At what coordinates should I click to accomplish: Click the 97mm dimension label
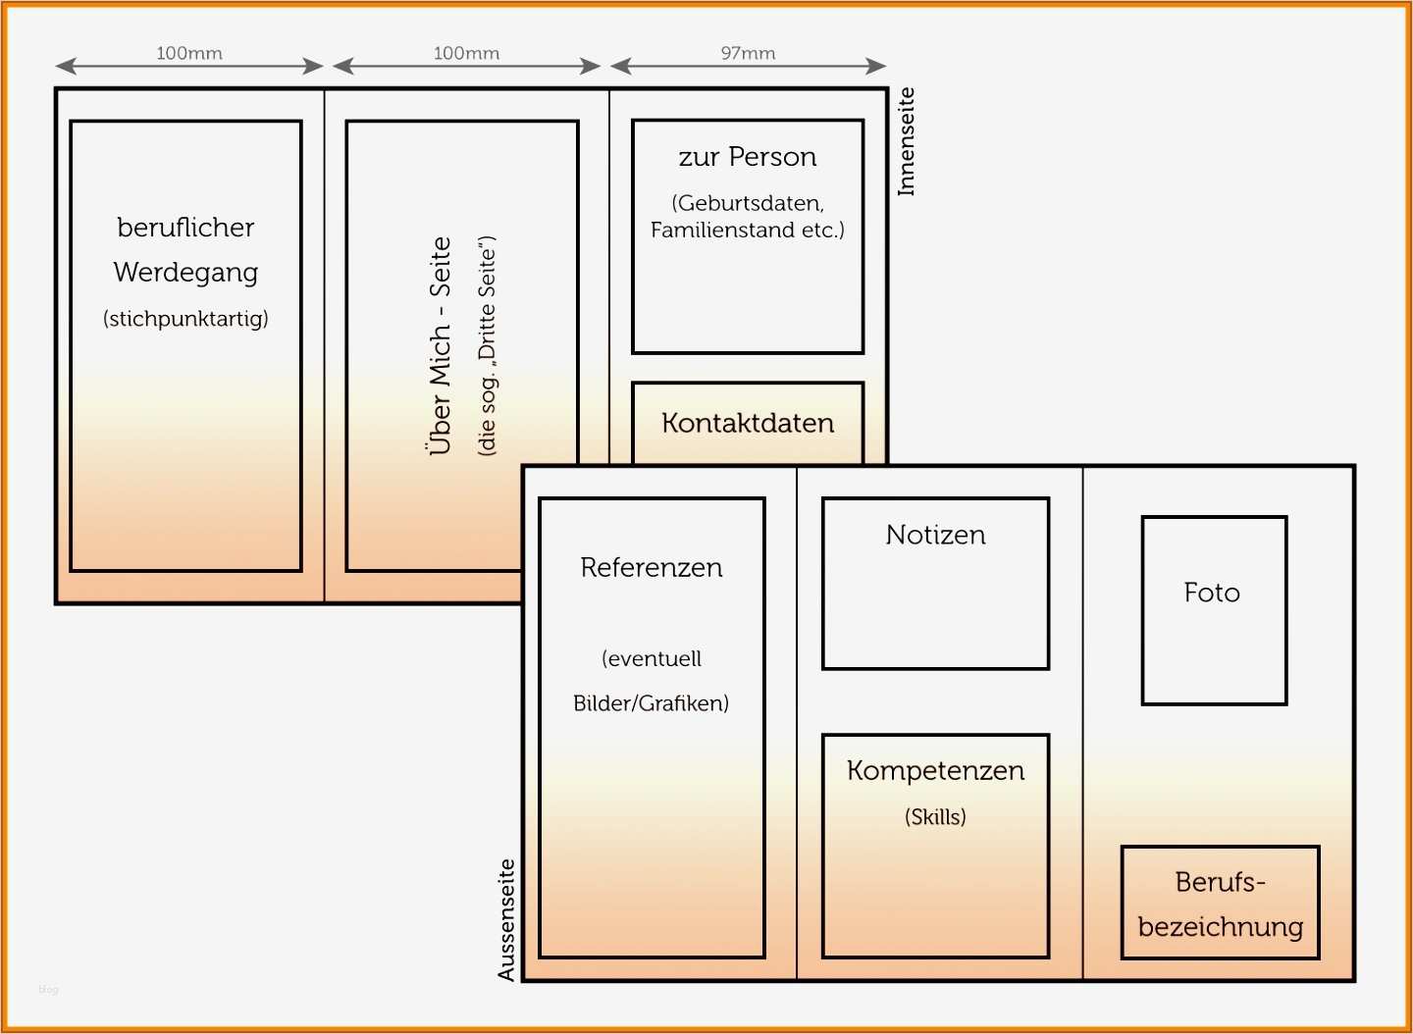748,53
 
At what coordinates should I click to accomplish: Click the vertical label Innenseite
906,141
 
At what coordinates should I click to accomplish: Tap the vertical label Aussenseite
506,920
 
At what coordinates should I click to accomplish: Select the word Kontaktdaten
748,423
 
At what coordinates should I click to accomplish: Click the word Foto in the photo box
1212,593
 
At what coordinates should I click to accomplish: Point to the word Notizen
935,535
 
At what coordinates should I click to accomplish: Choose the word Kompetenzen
935,771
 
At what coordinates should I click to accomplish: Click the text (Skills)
935,816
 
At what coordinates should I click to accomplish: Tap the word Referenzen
652,567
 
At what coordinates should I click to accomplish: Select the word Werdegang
185,273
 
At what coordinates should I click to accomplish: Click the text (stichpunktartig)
185,318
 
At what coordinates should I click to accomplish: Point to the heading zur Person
748,157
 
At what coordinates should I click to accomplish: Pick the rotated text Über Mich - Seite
441,345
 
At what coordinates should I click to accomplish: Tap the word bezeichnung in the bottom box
1221,926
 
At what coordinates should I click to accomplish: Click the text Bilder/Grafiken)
652,703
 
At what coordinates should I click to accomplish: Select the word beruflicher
185,228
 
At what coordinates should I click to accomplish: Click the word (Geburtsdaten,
748,203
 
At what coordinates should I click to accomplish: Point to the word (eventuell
652,658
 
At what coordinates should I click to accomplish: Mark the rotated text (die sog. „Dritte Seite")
488,345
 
